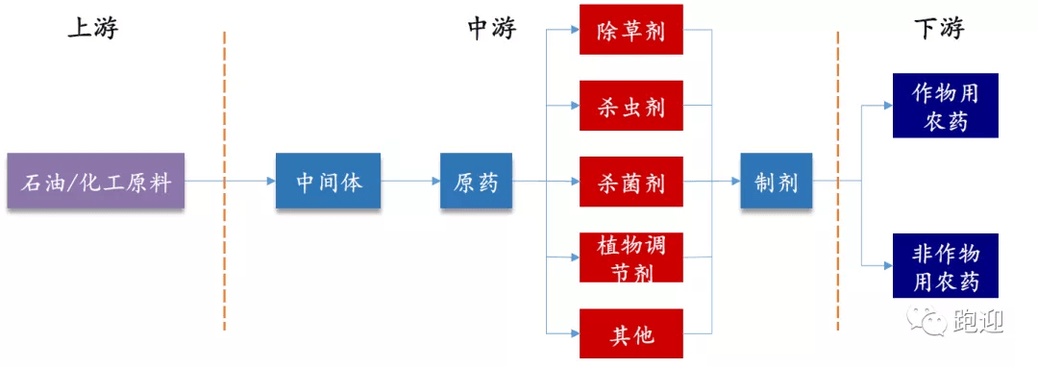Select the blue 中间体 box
(328, 181)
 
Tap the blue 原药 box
(476, 181)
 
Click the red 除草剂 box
(630, 30)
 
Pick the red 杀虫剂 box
(630, 106)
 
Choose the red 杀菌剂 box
(630, 181)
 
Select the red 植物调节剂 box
(630, 257)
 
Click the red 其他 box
(630, 333)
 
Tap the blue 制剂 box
(776, 181)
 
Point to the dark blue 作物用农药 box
(945, 106)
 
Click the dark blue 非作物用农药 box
(945, 266)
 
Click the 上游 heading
(92, 29)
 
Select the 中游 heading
(491, 29)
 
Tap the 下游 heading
(938, 29)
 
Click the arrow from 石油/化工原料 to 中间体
(230, 181)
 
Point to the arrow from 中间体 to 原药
(410, 181)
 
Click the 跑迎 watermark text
(978, 322)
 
